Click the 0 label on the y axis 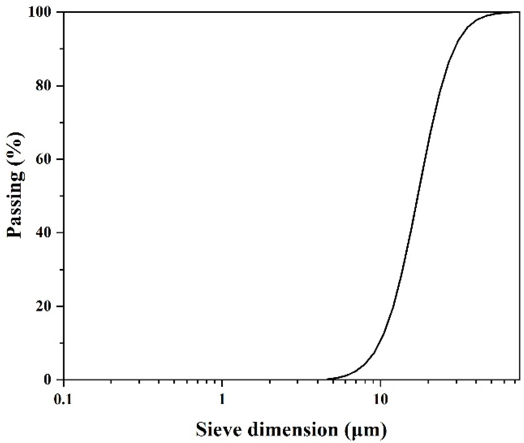point(51,380)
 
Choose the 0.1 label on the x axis point(64,400)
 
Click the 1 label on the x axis point(222,400)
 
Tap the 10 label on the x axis point(380,400)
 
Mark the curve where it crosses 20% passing point(394,306)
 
